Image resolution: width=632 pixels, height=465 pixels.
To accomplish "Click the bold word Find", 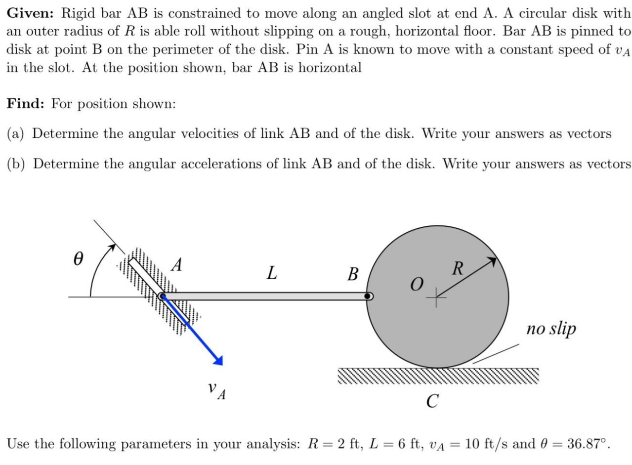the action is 26,104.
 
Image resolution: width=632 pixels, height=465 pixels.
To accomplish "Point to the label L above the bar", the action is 271,272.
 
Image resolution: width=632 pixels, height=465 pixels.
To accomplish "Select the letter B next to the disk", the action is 352,274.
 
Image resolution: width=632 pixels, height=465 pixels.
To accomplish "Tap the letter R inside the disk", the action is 458,269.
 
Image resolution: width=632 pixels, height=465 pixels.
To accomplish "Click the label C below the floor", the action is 431,401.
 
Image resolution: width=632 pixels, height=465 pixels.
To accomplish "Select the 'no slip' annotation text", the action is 551,329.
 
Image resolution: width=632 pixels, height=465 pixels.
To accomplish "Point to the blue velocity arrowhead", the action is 218,360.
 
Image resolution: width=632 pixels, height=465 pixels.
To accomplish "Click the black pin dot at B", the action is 367,296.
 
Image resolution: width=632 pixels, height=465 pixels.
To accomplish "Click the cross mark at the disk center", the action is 435,297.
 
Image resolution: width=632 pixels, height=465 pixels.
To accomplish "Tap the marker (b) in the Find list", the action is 17,164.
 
